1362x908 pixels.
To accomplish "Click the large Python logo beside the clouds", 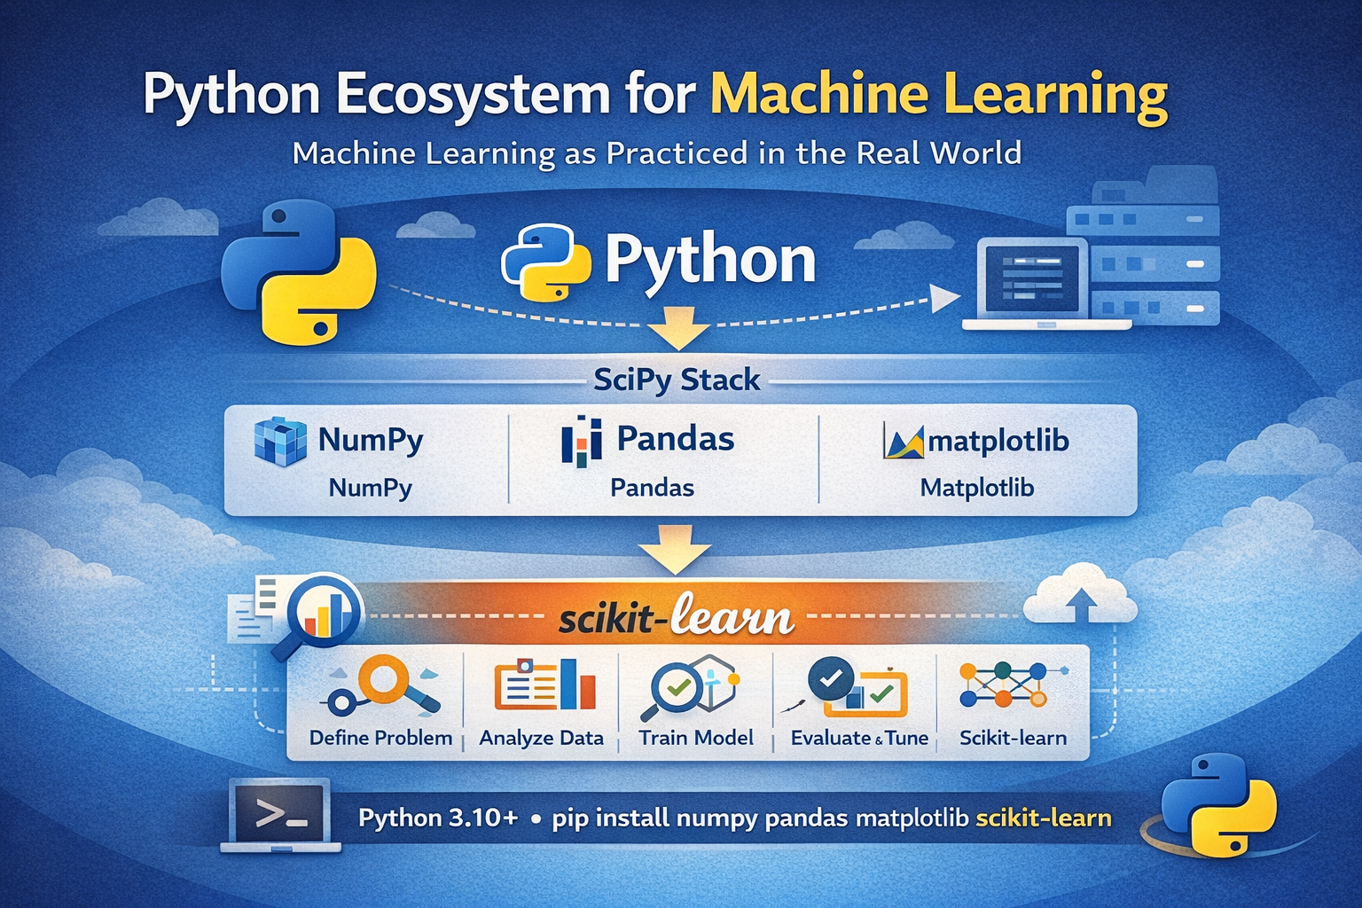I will (298, 271).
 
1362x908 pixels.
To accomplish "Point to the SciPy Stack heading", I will (677, 380).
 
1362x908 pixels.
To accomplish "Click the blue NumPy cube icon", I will (280, 441).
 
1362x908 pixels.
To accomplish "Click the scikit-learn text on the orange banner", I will (676, 618).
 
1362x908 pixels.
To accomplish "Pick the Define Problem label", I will (380, 738).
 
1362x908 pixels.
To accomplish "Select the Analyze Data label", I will (541, 738).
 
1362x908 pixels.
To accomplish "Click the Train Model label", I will (696, 738).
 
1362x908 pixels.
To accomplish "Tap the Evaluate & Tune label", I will (859, 738).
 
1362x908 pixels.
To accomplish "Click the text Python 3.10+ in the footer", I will (438, 818).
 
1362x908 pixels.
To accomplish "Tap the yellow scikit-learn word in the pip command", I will (1044, 818).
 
